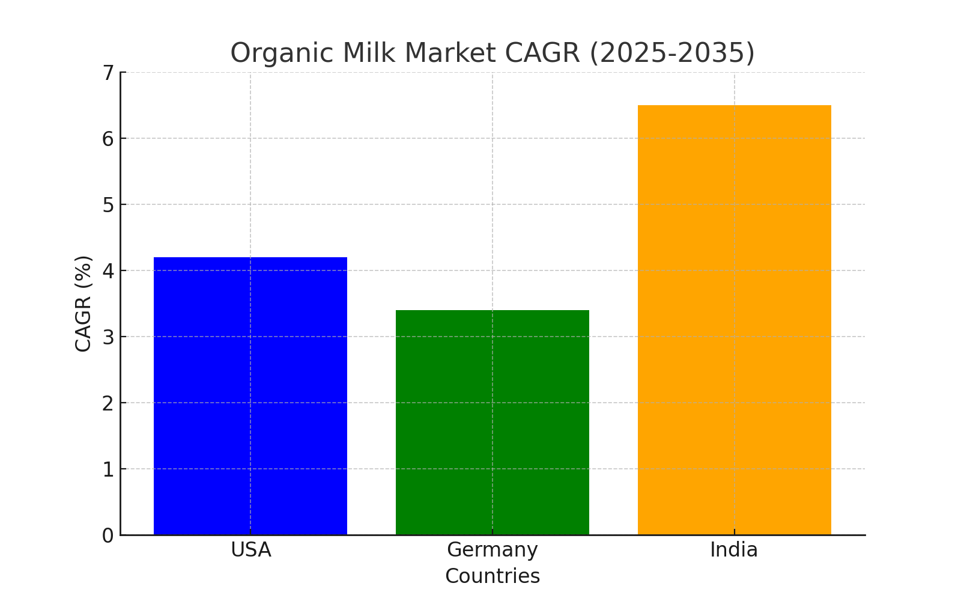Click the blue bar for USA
coord(250,396)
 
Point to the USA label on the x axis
coord(251,550)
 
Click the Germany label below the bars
coord(493,550)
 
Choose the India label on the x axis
coord(734,550)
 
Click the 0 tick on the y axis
coord(108,535)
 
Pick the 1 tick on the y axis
coord(108,469)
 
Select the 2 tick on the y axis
coord(108,403)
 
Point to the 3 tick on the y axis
coord(108,337)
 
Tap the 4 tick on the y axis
coord(108,271)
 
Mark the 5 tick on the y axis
coord(108,205)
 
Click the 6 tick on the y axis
coord(108,139)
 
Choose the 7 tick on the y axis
coord(108,73)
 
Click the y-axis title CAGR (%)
coord(83,304)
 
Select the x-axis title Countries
coord(493,576)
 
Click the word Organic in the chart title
coord(282,53)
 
